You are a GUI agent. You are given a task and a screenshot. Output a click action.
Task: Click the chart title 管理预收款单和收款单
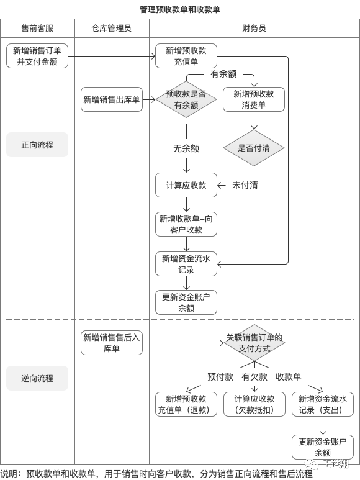[179, 9]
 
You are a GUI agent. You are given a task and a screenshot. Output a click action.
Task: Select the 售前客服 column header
[37, 29]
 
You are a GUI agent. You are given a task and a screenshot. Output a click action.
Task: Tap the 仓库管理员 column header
[112, 29]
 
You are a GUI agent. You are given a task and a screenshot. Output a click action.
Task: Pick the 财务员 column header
[254, 29]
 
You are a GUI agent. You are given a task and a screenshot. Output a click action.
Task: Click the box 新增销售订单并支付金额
[37, 56]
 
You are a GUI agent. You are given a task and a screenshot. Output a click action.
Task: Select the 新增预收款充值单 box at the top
[186, 56]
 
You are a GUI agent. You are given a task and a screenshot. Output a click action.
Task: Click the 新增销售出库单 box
[112, 99]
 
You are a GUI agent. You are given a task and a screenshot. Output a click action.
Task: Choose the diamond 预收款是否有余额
[186, 99]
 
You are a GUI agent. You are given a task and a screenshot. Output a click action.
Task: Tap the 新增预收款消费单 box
[253, 99]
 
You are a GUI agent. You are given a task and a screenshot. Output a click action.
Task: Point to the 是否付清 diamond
[253, 148]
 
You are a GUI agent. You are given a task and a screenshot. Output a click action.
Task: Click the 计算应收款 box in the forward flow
[186, 185]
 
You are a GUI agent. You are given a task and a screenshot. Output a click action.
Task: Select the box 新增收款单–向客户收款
[186, 224]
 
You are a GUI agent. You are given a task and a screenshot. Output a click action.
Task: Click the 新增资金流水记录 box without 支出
[186, 264]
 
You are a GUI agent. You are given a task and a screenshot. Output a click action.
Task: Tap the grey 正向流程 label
[37, 145]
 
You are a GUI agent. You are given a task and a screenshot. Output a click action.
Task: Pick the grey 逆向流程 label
[37, 378]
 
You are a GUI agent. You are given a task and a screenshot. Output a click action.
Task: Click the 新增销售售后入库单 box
[112, 343]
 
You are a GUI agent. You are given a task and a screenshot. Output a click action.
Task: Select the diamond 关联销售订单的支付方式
[254, 343]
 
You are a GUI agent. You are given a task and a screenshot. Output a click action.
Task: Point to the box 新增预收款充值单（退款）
[186, 404]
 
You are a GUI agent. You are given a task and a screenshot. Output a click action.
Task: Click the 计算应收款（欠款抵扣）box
[254, 404]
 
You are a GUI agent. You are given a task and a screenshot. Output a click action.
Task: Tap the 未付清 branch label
[245, 185]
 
